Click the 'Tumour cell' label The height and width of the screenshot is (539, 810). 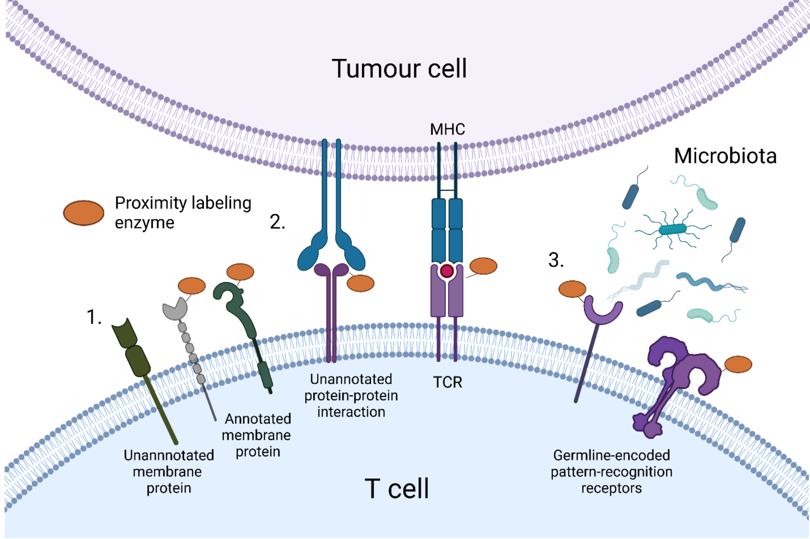pos(399,69)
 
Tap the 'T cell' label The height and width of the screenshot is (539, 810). pos(396,489)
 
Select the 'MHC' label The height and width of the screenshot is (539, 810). pos(447,129)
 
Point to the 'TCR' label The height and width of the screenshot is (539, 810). pos(447,382)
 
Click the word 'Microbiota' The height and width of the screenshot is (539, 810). pos(725,156)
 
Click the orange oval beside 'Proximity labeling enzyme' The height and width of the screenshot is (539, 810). pos(84,213)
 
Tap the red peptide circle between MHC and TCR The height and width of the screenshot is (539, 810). pos(447,272)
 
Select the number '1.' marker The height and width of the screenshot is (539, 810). pos(94,317)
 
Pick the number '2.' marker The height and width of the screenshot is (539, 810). pos(277,222)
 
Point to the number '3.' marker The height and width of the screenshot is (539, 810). pos(556,260)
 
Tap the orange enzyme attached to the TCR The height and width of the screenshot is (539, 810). pos(483,266)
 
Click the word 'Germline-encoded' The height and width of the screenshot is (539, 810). pos(611,456)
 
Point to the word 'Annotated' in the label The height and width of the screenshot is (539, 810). pos(258,419)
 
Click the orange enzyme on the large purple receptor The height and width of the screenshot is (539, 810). pos(738,364)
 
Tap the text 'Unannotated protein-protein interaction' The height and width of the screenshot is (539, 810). pos(351,395)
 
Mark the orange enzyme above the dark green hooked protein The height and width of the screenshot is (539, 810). pos(240,272)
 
